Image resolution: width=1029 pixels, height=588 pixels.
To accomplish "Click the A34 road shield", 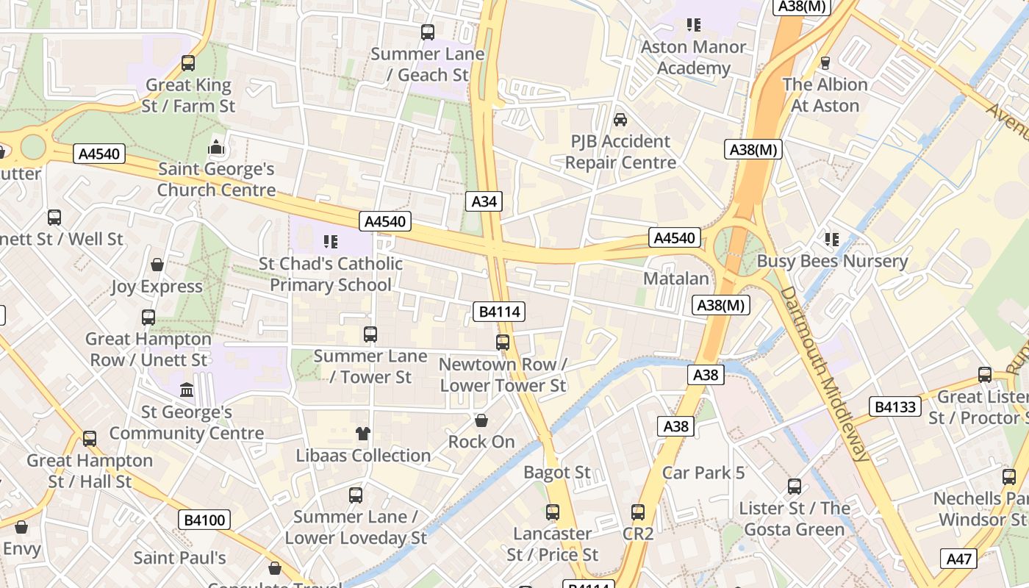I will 484,201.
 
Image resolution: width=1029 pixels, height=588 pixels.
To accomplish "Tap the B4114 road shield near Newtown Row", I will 500,312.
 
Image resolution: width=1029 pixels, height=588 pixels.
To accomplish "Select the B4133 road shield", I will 894,406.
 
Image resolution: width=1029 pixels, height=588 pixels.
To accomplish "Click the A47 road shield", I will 958,559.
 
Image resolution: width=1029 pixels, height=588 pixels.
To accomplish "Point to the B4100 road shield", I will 204,520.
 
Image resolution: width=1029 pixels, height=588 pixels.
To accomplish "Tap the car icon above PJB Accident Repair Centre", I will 620,119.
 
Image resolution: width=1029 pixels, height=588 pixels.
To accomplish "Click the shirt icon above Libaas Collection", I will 362,434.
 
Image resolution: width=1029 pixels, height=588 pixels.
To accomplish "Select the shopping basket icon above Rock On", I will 481,420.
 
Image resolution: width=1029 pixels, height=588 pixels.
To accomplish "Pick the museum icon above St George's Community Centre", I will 187,390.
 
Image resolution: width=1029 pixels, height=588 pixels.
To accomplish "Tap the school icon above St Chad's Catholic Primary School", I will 330,241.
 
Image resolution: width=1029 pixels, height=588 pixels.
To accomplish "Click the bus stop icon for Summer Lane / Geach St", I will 428,32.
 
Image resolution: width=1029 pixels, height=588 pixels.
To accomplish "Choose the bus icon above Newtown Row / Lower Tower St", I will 503,343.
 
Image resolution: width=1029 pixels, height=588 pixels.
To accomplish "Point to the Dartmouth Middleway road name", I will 824,373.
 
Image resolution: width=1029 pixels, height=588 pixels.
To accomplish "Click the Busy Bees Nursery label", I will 832,261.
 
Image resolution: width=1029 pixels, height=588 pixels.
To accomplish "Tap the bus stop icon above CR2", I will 638,512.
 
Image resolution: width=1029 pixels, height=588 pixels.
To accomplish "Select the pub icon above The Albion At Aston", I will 825,63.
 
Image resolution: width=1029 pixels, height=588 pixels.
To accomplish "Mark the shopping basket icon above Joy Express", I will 157,265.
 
